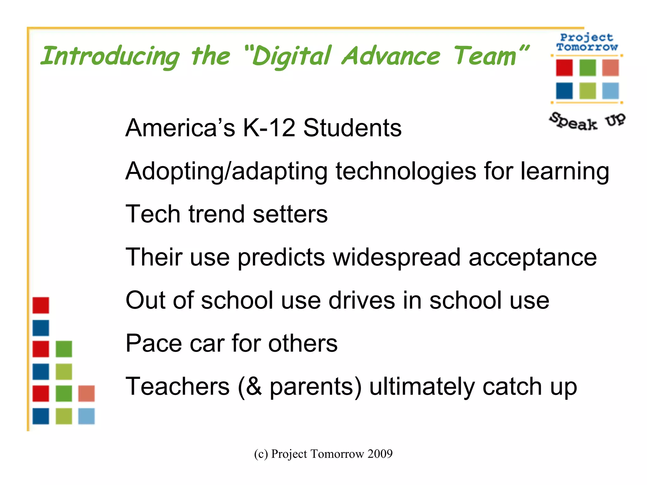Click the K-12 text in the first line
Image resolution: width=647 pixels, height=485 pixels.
(269, 128)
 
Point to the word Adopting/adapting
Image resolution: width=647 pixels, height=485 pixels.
(226, 171)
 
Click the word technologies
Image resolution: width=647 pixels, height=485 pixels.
(406, 171)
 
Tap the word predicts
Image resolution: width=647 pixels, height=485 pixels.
(281, 257)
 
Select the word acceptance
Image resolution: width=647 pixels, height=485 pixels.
(533, 257)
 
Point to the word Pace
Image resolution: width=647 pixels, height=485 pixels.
(154, 343)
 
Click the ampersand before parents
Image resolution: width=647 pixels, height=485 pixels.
(255, 386)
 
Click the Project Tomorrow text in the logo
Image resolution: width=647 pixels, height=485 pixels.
(587, 42)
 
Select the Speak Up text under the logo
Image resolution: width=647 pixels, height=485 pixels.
(587, 121)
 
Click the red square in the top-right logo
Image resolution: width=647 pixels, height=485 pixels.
(564, 68)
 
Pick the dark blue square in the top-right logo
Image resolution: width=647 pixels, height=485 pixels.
(564, 91)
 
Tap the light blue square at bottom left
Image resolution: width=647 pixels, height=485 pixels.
(86, 416)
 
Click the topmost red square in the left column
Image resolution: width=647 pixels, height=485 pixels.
(41, 305)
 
